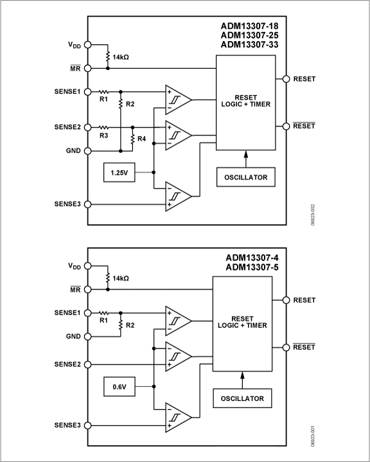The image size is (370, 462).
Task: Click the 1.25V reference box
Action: point(119,173)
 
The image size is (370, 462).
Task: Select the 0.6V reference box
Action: point(119,386)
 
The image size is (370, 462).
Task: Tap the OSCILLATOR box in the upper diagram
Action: point(245,177)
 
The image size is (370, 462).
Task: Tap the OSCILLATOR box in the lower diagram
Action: point(242,398)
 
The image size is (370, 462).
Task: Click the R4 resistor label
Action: point(142,139)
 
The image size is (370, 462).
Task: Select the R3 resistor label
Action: point(103,135)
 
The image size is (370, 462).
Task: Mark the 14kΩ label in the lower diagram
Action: point(121,278)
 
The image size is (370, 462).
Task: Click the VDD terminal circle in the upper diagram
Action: point(88,45)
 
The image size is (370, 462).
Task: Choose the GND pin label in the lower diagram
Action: point(73,336)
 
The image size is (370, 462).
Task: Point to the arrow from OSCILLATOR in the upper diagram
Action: point(245,158)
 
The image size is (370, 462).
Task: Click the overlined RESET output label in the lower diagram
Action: point(304,347)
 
